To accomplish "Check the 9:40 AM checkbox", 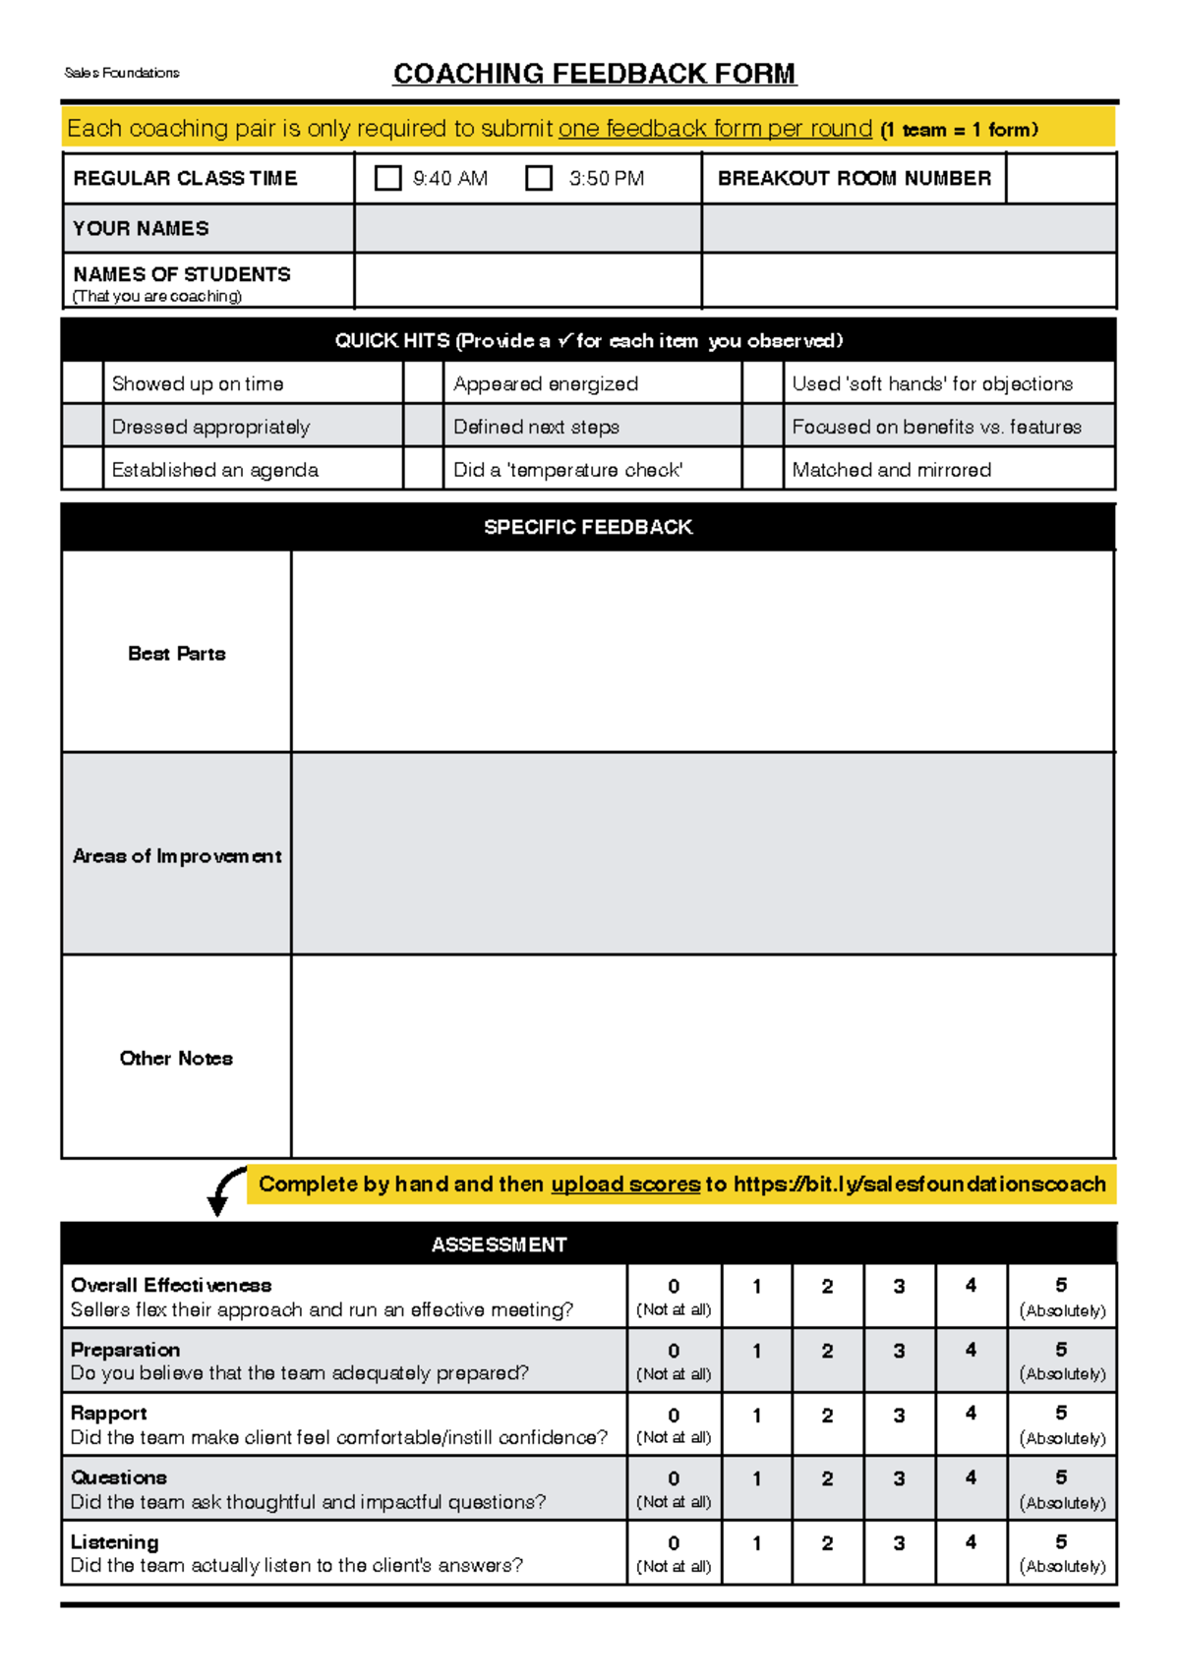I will pos(388,178).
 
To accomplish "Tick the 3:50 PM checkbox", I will pos(539,178).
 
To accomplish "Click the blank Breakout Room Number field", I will pos(1060,178).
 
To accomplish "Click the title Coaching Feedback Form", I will pos(594,74).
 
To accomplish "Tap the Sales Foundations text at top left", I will pos(122,73).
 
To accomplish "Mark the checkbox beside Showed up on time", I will pos(83,383).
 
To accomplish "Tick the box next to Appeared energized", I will pos(424,383).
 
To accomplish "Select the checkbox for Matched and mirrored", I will pos(763,470).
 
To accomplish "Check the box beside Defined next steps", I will pos(424,427).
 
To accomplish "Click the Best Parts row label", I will pos(177,654).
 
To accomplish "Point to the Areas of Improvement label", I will pos(177,856).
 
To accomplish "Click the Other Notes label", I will pos(177,1059).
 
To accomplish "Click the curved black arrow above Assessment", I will pos(226,1189).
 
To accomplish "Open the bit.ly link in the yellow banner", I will pos(919,1185).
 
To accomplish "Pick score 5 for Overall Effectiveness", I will pos(1062,1296).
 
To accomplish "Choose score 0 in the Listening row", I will pos(674,1552).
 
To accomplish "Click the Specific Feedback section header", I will pos(588,527).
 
